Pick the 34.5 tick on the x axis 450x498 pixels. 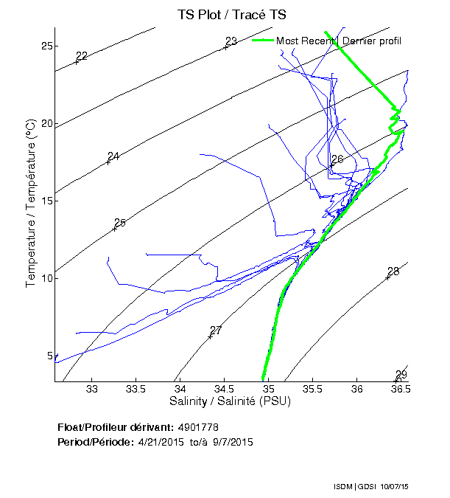(225, 390)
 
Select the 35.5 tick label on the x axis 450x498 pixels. (313, 390)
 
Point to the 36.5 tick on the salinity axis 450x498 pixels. (400, 390)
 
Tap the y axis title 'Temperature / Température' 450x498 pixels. (31, 204)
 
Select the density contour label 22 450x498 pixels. (82, 56)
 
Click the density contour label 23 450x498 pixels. (231, 41)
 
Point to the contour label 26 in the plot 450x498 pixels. (337, 159)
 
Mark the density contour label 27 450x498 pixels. (216, 331)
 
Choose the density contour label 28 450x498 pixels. (393, 272)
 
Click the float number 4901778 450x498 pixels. (198, 427)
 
